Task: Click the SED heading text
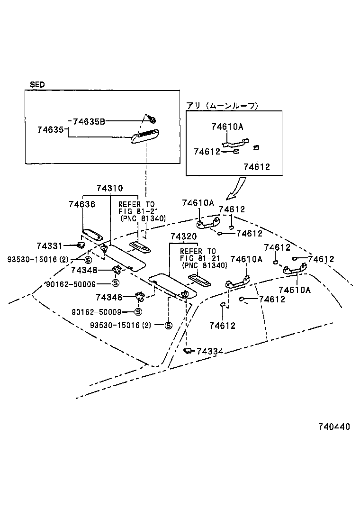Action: (37, 85)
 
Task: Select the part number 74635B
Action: (89, 121)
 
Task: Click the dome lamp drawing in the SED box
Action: (145, 136)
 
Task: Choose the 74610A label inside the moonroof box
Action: (227, 127)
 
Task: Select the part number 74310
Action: (109, 188)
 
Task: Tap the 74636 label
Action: (82, 204)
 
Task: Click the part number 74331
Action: (49, 245)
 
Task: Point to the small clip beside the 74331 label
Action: (81, 245)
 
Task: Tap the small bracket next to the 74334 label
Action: (188, 351)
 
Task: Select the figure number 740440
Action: (330, 427)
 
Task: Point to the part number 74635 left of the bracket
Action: (50, 129)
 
